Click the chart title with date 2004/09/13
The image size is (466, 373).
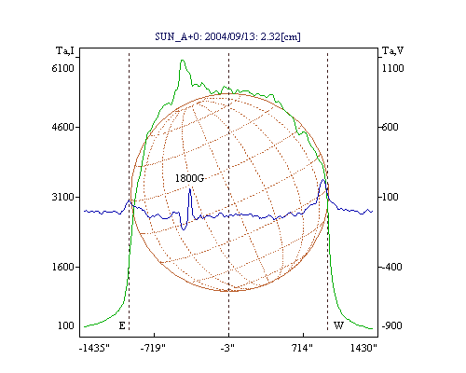click(227, 36)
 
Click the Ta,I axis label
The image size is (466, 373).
click(65, 50)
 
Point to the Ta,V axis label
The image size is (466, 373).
click(393, 50)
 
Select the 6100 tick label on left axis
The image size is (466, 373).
click(63, 68)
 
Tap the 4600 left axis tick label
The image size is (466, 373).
click(63, 127)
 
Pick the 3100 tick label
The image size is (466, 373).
click(63, 197)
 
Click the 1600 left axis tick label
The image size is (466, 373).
click(63, 267)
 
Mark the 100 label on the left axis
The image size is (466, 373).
click(66, 325)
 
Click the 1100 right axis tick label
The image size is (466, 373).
click(393, 68)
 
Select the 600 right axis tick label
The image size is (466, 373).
click(390, 127)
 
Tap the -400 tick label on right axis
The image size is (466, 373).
click(391, 267)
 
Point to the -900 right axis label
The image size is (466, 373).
click(391, 325)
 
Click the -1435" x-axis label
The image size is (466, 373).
click(94, 348)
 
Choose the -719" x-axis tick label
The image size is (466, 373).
click(153, 348)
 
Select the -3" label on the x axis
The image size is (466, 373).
click(227, 348)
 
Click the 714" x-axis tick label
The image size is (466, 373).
click(302, 348)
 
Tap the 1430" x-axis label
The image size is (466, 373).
click(363, 348)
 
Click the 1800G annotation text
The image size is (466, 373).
click(189, 178)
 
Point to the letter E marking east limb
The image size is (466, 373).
click(122, 325)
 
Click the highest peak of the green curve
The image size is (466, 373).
click(183, 60)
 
